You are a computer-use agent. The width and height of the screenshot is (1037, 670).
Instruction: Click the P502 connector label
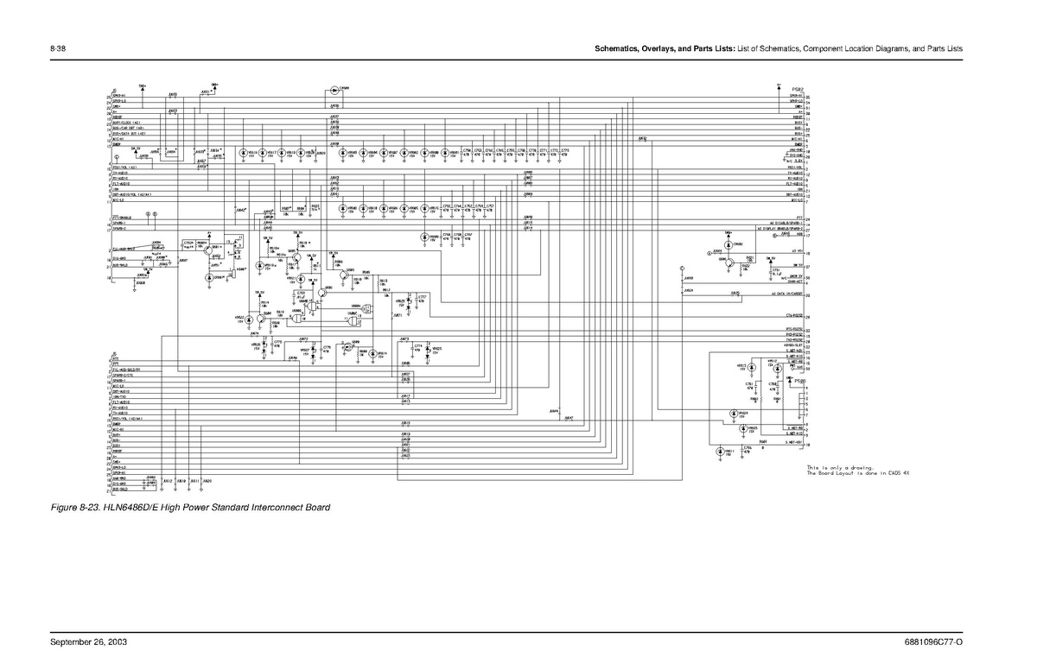(x=798, y=89)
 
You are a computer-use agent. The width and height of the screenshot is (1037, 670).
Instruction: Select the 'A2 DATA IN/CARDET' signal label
(x=788, y=294)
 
